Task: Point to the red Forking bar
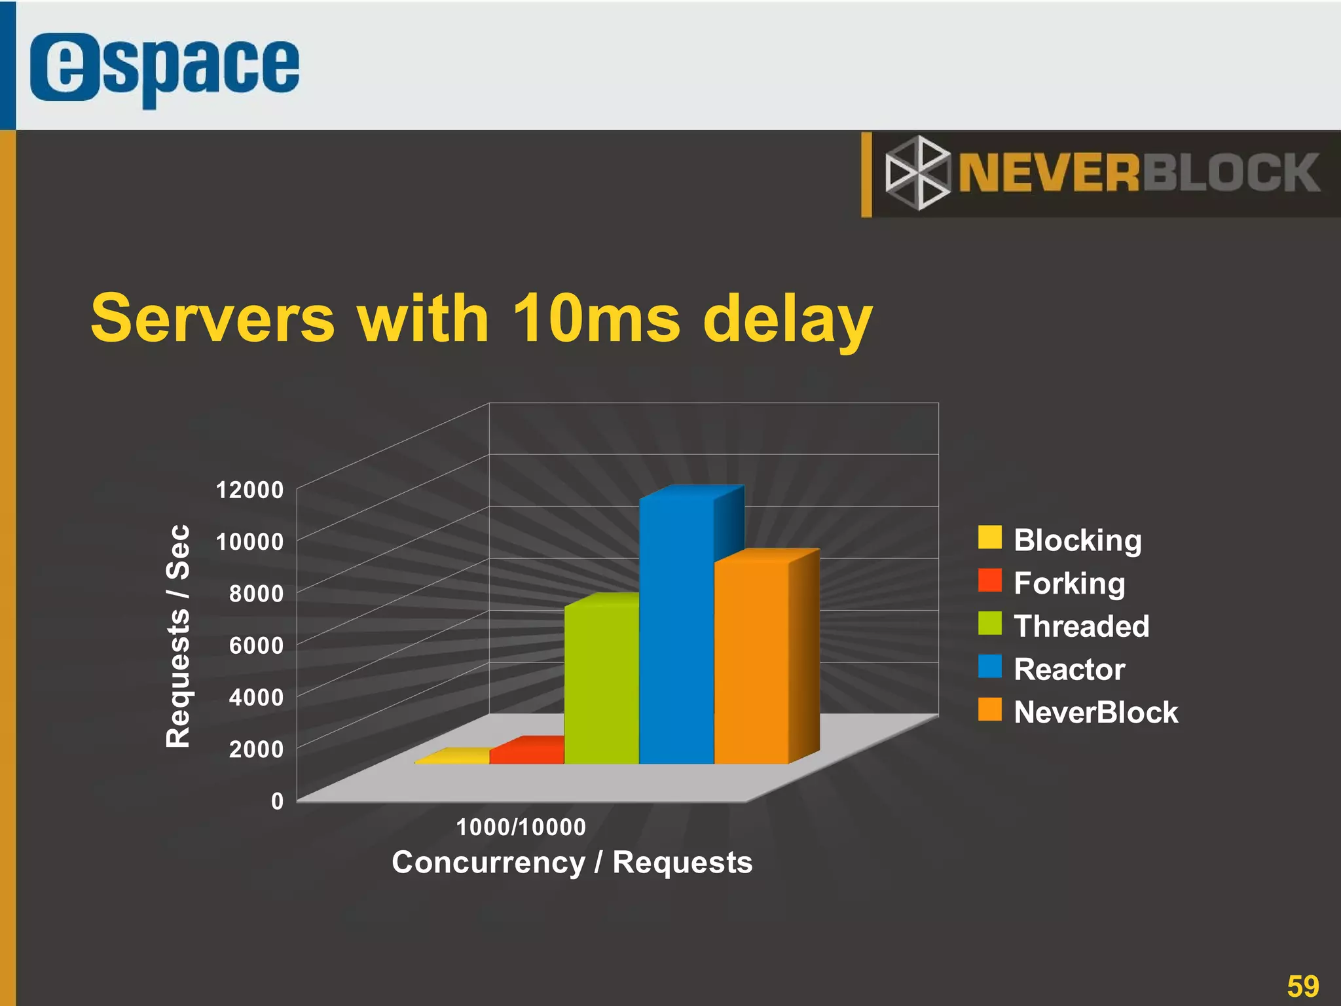pos(527,753)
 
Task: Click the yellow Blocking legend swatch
pos(989,537)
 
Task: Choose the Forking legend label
pos(1069,583)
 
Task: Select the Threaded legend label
pos(1081,626)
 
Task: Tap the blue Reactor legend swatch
pos(989,666)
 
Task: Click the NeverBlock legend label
pos(1095,712)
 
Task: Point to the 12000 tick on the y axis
pos(249,490)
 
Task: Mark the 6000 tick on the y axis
pos(256,645)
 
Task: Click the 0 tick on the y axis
pos(277,800)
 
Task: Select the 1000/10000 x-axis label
pos(521,827)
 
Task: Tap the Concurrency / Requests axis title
pos(572,862)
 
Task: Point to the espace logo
pos(164,68)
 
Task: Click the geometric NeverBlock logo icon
pos(917,173)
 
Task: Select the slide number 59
pos(1302,986)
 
